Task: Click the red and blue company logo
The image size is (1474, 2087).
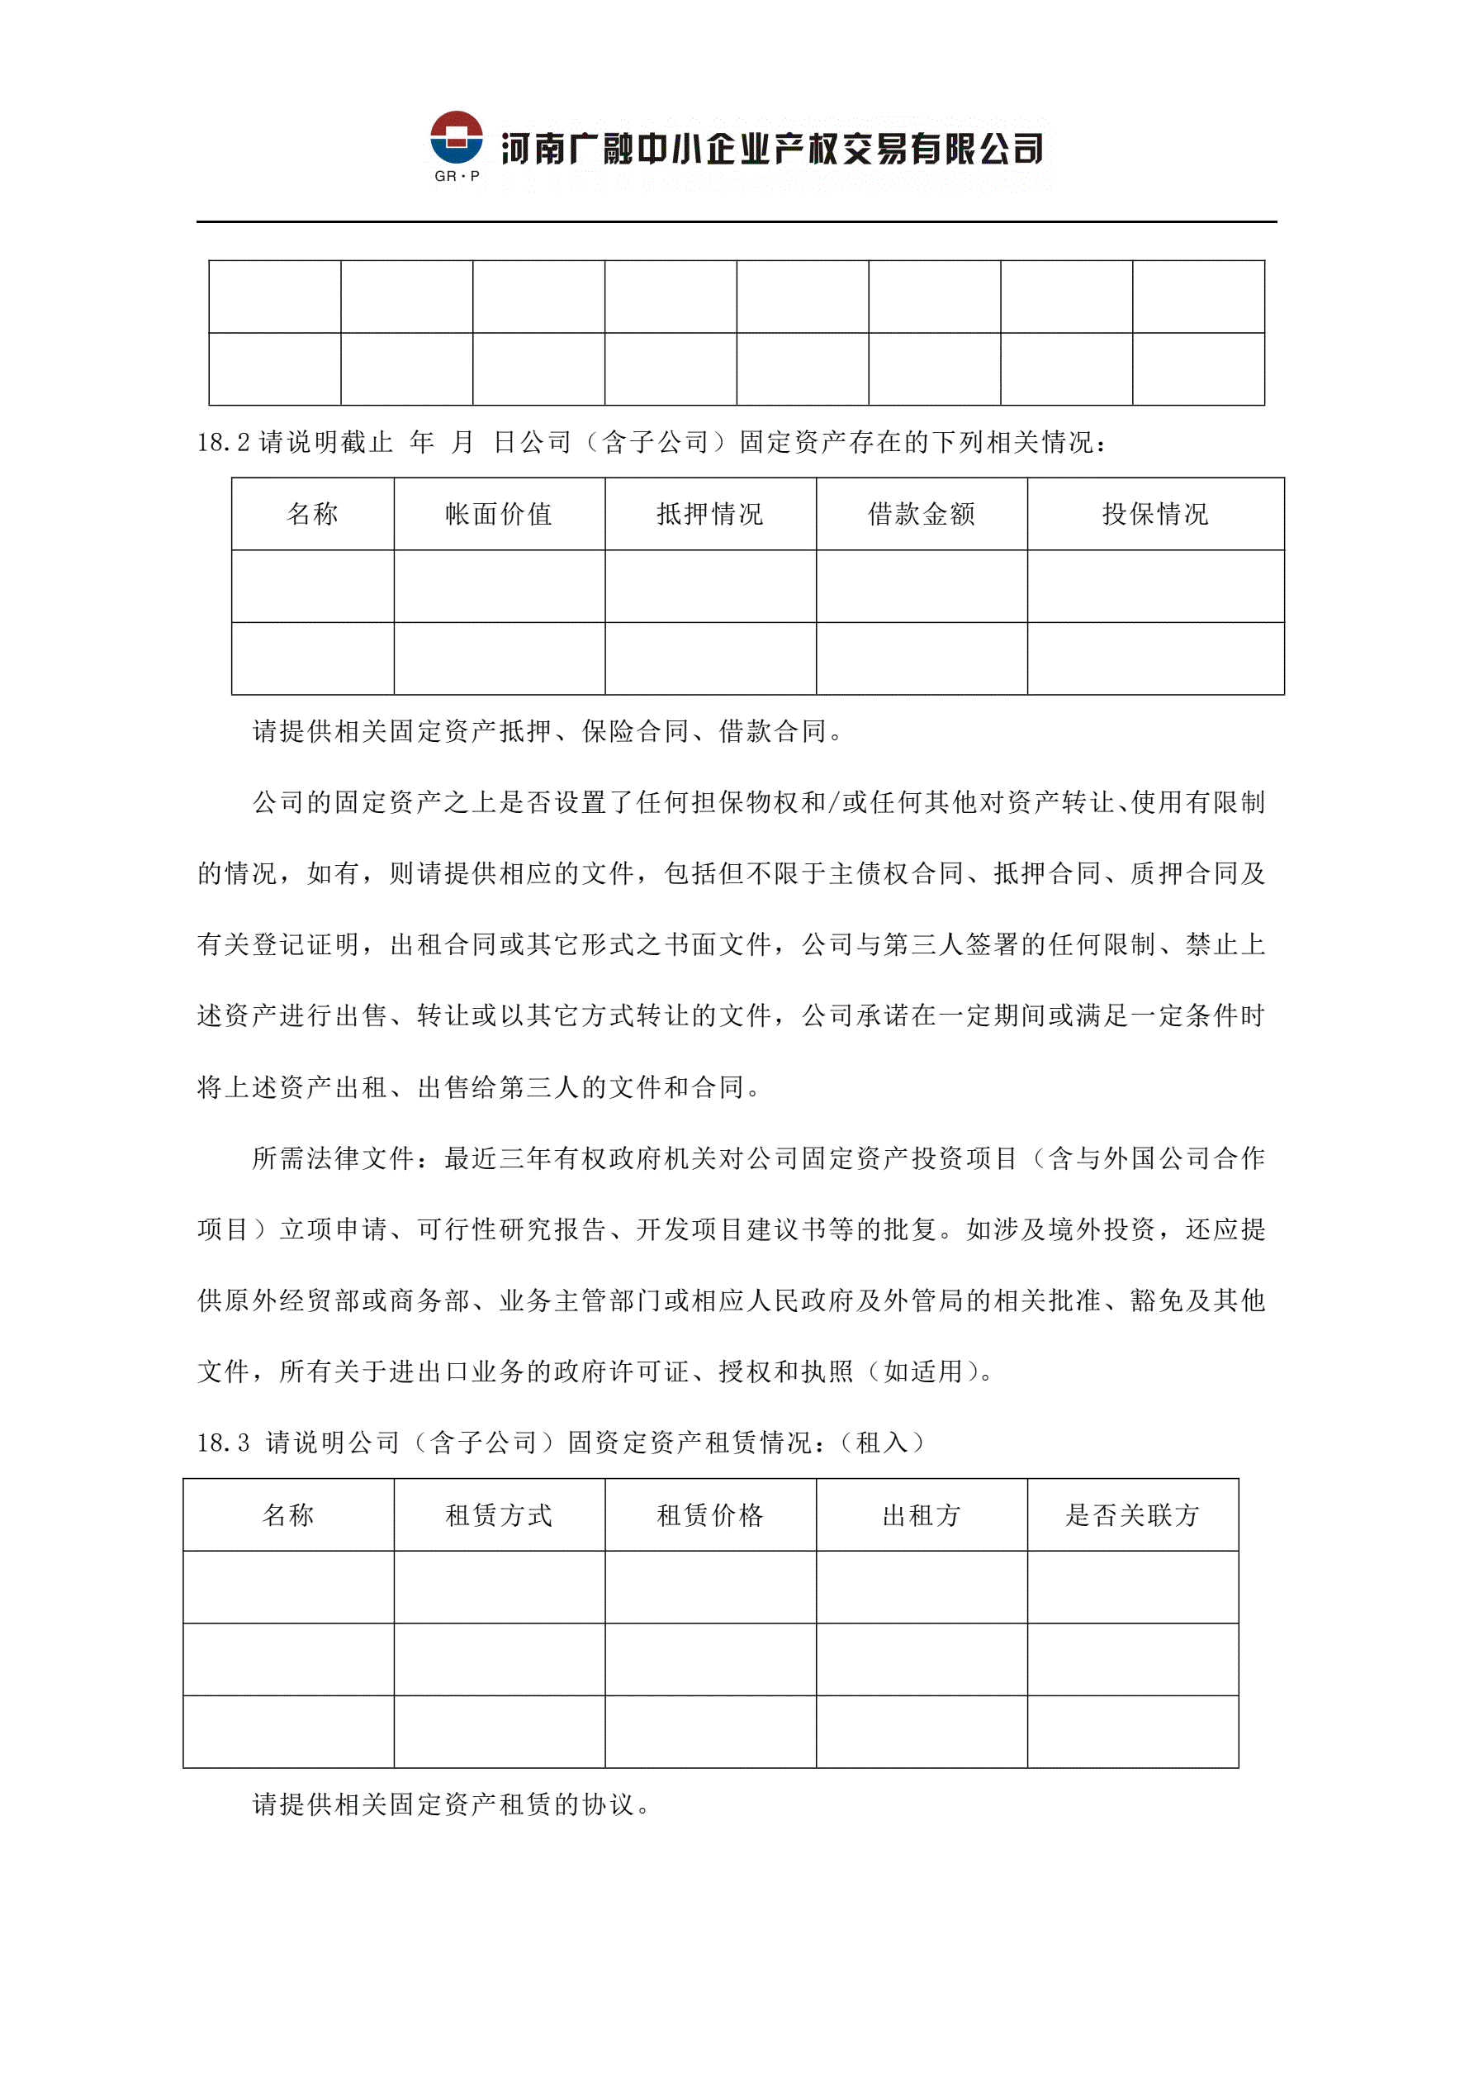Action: coord(456,138)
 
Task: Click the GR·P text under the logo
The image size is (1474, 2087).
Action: coord(456,176)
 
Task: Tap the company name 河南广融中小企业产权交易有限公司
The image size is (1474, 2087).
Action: coord(771,149)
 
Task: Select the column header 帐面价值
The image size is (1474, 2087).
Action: coord(499,515)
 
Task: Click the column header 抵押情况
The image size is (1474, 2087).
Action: coord(709,515)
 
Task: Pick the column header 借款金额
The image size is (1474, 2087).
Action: coord(922,515)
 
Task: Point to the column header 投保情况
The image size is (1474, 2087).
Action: coord(1155,515)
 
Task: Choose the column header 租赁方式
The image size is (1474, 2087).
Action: coord(499,1515)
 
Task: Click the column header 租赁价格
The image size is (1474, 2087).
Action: coord(709,1515)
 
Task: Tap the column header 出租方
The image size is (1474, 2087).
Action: coord(922,1515)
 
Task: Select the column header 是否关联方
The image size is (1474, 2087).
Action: coord(1132,1515)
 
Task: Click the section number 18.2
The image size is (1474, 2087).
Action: coord(224,443)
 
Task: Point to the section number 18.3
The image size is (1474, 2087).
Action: coord(224,1443)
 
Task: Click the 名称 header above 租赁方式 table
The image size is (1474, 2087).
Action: coord(288,1515)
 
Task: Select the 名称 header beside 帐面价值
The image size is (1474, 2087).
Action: coord(313,515)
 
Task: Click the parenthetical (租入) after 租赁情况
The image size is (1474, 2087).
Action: coord(881,1443)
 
